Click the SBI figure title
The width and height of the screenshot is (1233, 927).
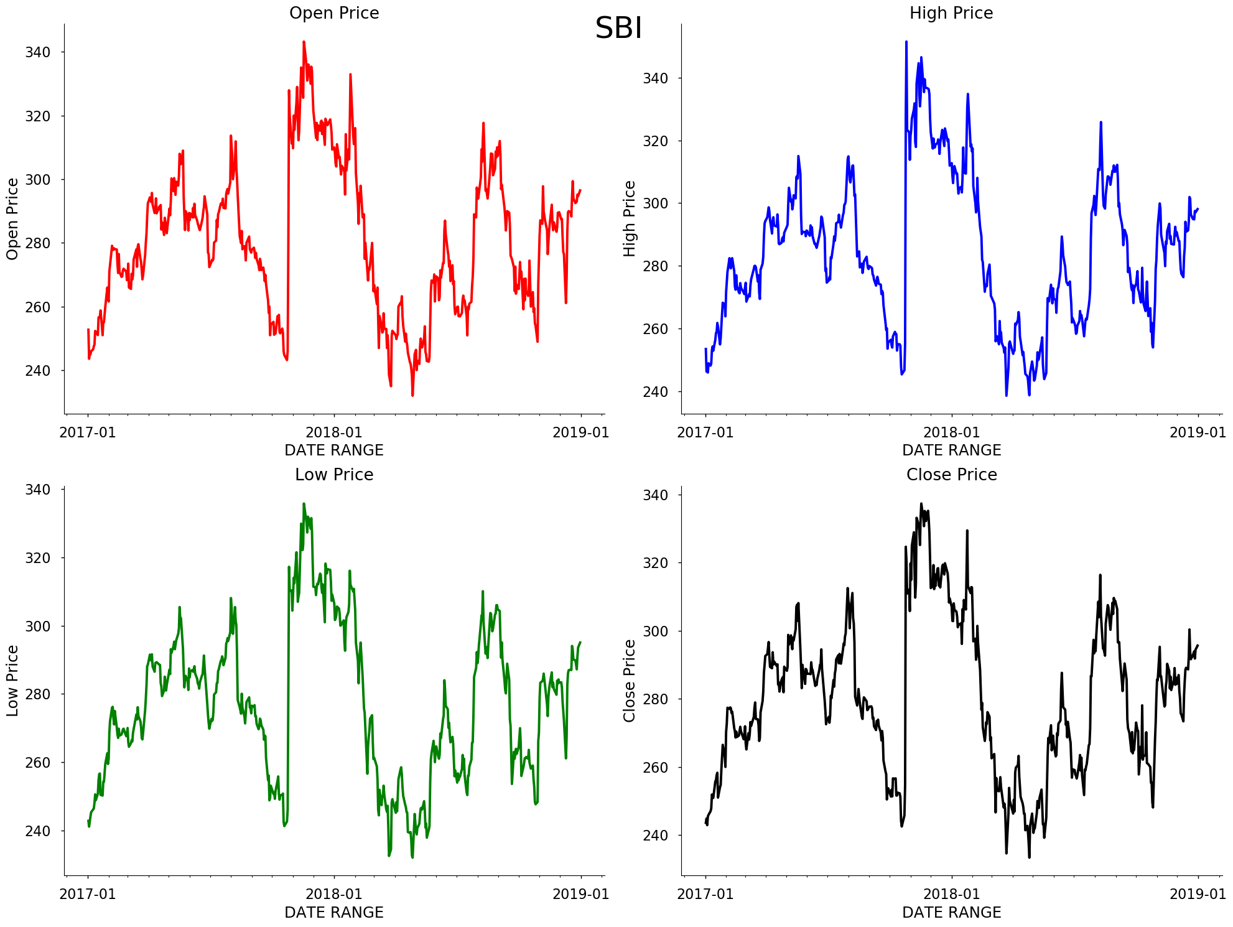pyautogui.click(x=618, y=29)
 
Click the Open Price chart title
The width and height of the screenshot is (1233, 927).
pyautogui.click(x=334, y=13)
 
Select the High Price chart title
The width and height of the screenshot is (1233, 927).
pyautogui.click(x=951, y=13)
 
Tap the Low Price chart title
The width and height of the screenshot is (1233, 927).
pyautogui.click(x=334, y=475)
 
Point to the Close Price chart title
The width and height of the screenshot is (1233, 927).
pyautogui.click(x=951, y=475)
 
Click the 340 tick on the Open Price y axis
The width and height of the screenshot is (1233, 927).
pyautogui.click(x=37, y=52)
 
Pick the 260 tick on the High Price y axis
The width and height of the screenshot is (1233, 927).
pyautogui.click(x=655, y=329)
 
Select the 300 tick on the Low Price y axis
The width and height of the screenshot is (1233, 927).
pyautogui.click(x=37, y=627)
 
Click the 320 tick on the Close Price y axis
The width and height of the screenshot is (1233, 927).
pyautogui.click(x=655, y=563)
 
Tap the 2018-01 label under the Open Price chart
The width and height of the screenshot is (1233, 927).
pyautogui.click(x=334, y=432)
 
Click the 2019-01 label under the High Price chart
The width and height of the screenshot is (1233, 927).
pyautogui.click(x=1198, y=432)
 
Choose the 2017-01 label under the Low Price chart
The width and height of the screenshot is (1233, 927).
pyautogui.click(x=88, y=895)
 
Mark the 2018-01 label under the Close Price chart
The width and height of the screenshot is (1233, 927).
pyautogui.click(x=951, y=895)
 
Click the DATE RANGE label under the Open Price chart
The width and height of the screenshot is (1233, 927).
pyautogui.click(x=334, y=450)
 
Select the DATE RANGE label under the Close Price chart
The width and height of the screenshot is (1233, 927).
pyautogui.click(x=951, y=913)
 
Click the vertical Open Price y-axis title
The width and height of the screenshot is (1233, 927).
pyautogui.click(x=12, y=219)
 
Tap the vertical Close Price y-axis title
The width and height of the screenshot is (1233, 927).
pyautogui.click(x=630, y=681)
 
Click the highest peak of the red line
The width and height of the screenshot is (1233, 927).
pyautogui.click(x=304, y=42)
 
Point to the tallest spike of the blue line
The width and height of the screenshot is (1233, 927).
pyautogui.click(x=906, y=42)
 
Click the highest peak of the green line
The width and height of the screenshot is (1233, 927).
pyautogui.click(x=304, y=504)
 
